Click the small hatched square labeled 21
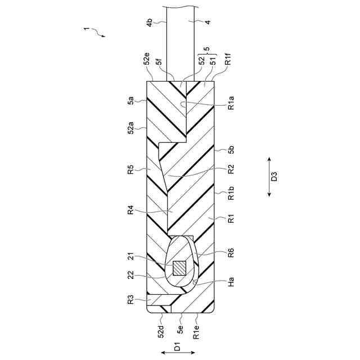(179, 268)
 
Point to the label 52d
(160, 332)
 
